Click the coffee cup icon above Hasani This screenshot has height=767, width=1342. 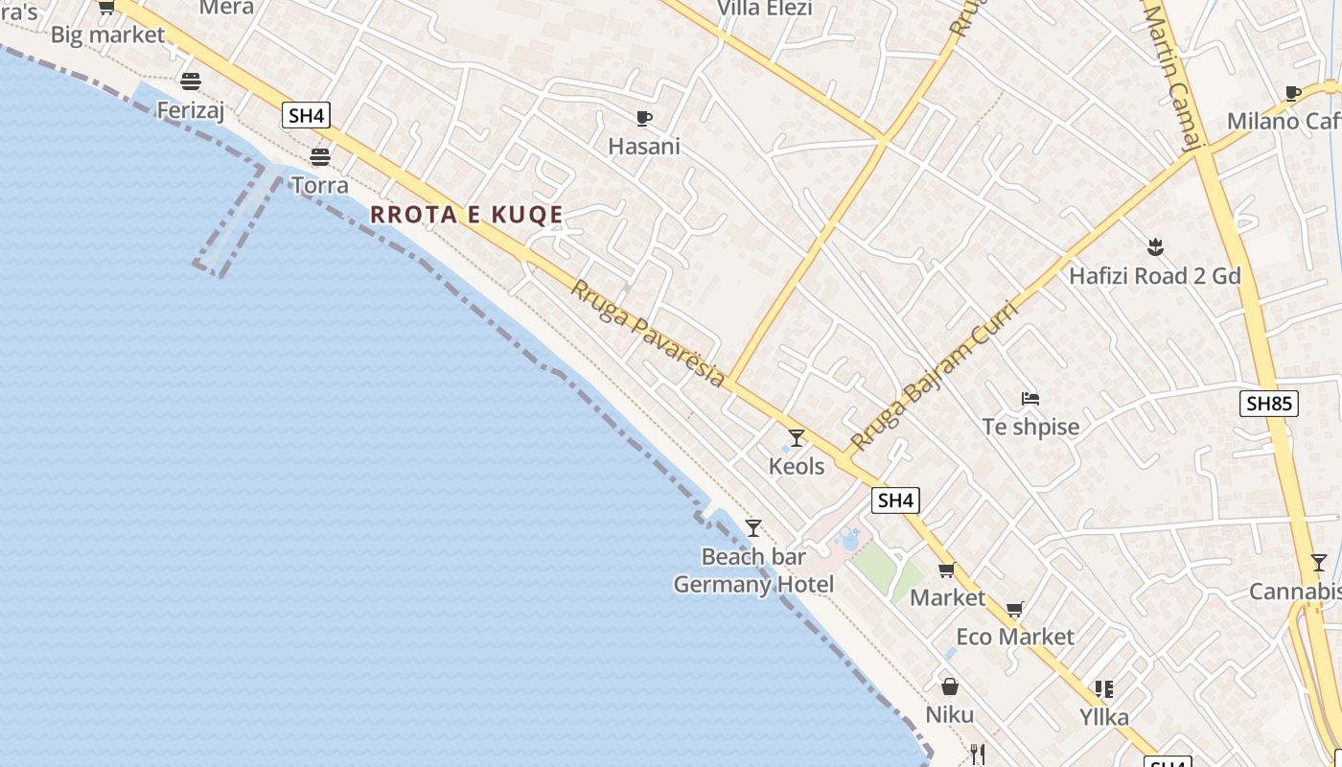pyautogui.click(x=644, y=119)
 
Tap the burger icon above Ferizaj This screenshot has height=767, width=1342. pyautogui.click(x=191, y=81)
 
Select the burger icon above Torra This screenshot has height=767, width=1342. pyautogui.click(x=319, y=157)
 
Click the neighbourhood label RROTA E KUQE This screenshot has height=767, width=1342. pyautogui.click(x=467, y=215)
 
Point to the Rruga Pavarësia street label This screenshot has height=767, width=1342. pyautogui.click(x=648, y=333)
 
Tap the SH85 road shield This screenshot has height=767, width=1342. pyautogui.click(x=1269, y=404)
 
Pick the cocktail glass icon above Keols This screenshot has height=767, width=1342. pyautogui.click(x=797, y=438)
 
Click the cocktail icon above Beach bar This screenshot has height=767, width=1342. pyautogui.click(x=753, y=528)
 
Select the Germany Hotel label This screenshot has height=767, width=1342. pyautogui.click(x=753, y=584)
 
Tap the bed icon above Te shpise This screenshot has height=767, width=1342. pyautogui.click(x=1030, y=399)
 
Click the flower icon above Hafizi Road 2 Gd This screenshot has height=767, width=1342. pyautogui.click(x=1155, y=247)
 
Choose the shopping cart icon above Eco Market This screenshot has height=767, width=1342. pyautogui.click(x=1015, y=609)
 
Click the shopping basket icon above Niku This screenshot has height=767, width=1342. pyautogui.click(x=949, y=686)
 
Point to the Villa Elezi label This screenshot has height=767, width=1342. pyautogui.click(x=764, y=9)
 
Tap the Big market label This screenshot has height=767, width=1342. pyautogui.click(x=107, y=35)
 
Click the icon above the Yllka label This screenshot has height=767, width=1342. pyautogui.click(x=1104, y=689)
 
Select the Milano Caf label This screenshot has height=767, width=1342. pyautogui.click(x=1284, y=121)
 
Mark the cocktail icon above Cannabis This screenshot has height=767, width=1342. pyautogui.click(x=1319, y=563)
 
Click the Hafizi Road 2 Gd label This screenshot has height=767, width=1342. pyautogui.click(x=1155, y=276)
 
